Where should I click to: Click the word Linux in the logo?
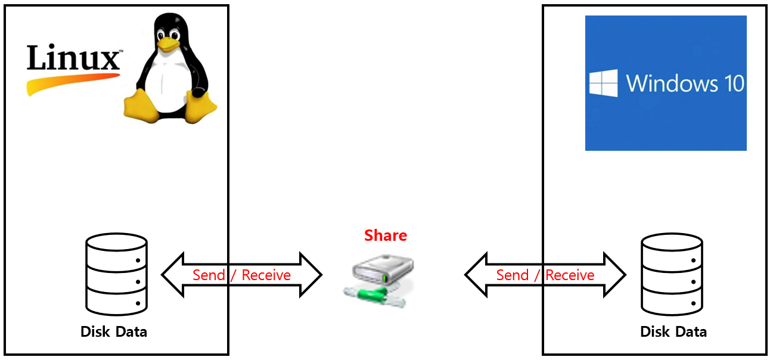point(73,60)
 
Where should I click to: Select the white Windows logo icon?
point(603,83)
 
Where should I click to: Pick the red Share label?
point(386,235)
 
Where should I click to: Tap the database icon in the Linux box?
point(116,274)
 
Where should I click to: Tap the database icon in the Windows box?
point(672,274)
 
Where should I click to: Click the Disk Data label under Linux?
point(114,331)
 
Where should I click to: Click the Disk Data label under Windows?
point(673,331)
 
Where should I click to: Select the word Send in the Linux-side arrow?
point(209,275)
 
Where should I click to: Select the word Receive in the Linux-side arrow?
point(266,275)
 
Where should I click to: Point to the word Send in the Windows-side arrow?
point(513,275)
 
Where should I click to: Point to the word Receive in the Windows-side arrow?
point(570,275)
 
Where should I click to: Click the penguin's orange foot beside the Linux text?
point(141,105)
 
